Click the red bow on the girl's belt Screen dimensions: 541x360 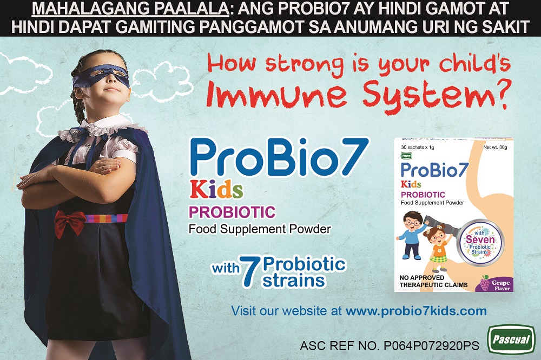pyautogui.click(x=70, y=222)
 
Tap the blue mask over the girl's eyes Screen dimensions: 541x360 pyautogui.click(x=101, y=76)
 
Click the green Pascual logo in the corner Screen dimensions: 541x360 pyautogui.click(x=511, y=339)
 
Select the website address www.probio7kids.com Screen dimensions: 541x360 pyautogui.click(x=416, y=311)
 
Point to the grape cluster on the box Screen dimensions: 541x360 pyautogui.click(x=485, y=283)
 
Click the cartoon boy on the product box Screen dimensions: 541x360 pyautogui.click(x=413, y=236)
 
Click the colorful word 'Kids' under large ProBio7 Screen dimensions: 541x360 pyautogui.click(x=216, y=190)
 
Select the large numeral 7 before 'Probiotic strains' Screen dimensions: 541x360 pyautogui.click(x=249, y=271)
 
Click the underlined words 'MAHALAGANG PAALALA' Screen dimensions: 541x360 pyautogui.click(x=130, y=9)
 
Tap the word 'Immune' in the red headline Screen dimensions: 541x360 pyautogui.click(x=276, y=95)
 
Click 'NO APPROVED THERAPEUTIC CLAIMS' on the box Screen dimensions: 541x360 pyautogui.click(x=434, y=282)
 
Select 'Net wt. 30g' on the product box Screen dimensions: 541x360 pyautogui.click(x=495, y=147)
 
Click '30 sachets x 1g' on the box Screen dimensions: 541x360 pyautogui.click(x=418, y=147)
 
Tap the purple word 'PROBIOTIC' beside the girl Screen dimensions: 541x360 pyautogui.click(x=232, y=212)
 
